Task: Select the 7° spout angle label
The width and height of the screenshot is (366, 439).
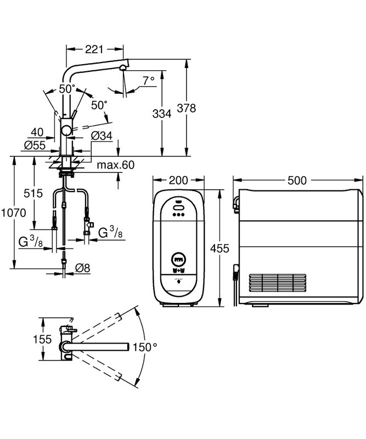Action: tap(149, 81)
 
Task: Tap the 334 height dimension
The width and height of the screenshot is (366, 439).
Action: tap(162, 114)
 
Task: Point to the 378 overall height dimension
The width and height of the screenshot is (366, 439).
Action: tap(188, 108)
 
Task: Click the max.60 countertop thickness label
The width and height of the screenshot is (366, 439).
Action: tap(116, 165)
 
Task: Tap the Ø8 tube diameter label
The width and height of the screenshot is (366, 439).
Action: tap(83, 268)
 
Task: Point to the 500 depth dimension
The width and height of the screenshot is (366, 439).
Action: tap(298, 181)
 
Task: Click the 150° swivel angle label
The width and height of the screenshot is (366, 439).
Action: tap(147, 347)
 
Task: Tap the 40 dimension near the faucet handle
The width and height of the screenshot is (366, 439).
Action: tap(37, 132)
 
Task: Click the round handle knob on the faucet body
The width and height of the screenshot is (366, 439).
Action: tap(66, 130)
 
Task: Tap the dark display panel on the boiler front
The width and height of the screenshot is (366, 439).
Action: tap(178, 258)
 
